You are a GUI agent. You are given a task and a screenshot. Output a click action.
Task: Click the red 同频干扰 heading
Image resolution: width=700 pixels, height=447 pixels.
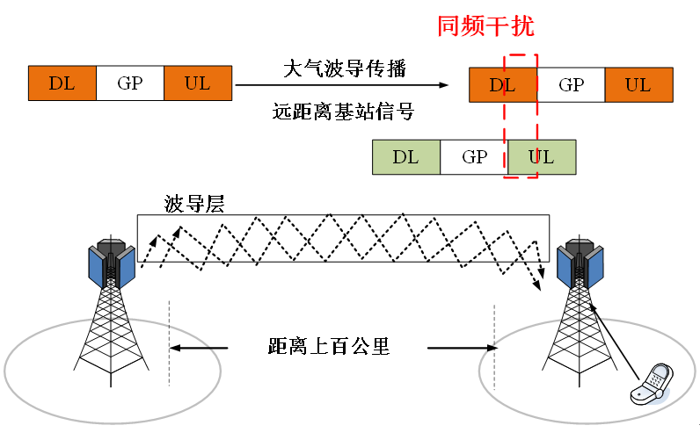[485, 25]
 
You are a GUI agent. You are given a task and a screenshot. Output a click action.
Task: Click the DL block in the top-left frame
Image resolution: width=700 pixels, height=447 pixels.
[62, 83]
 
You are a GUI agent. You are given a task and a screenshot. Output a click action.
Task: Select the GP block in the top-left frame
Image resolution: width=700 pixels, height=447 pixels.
[129, 83]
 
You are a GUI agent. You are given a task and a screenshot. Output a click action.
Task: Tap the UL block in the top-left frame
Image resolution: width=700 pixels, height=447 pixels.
[198, 83]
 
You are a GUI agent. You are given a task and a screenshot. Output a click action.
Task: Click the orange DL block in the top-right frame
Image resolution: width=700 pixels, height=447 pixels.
[502, 85]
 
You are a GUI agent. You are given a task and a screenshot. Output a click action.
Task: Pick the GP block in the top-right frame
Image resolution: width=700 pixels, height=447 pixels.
[571, 85]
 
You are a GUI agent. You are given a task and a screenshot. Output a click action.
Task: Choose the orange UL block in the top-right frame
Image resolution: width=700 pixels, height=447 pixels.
[638, 85]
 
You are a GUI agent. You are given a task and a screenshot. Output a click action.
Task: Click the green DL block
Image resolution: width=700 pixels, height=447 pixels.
[405, 157]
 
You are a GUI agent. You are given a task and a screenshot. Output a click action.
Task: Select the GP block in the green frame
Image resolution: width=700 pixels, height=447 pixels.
[474, 157]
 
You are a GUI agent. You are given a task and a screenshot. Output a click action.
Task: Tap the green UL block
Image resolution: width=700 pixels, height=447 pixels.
[542, 157]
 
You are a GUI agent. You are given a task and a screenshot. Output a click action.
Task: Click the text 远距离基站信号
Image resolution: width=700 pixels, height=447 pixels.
[344, 112]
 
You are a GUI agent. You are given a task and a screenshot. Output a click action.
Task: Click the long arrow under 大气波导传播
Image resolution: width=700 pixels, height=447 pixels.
[343, 85]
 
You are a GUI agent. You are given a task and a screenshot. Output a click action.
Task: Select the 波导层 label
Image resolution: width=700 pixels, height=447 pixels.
[194, 205]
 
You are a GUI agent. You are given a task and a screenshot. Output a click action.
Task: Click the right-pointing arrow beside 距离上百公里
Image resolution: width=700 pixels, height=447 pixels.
[456, 348]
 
